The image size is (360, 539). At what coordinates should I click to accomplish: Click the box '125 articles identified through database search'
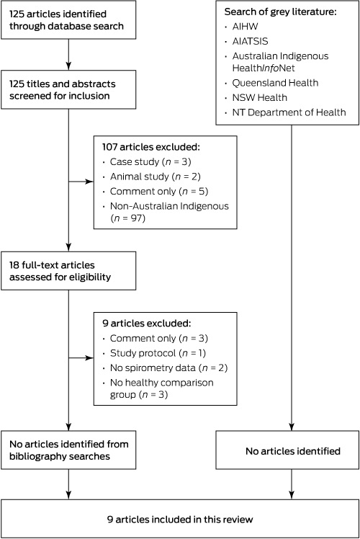pyautogui.click(x=68, y=20)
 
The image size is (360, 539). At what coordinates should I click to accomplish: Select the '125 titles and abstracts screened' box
pyautogui.click(x=68, y=90)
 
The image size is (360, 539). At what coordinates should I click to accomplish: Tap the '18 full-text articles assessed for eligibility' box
pyautogui.click(x=68, y=271)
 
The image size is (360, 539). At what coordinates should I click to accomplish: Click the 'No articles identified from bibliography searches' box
pyautogui.click(x=68, y=450)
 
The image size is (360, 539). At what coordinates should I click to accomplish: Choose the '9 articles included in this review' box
pyautogui.click(x=180, y=519)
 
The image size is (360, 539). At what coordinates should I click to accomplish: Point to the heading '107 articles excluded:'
pyautogui.click(x=150, y=147)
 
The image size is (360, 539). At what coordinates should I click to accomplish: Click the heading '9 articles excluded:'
pyautogui.click(x=146, y=324)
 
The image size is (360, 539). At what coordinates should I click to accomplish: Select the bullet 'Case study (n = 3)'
pyautogui.click(x=150, y=162)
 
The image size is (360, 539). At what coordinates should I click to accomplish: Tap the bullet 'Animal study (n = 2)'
pyautogui.click(x=156, y=177)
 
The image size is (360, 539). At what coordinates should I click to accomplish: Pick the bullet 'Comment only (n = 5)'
pyautogui.click(x=159, y=192)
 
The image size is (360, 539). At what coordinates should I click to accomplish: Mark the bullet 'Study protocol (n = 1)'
pyautogui.click(x=158, y=353)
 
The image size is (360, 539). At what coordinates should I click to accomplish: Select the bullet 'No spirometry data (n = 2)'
pyautogui.click(x=168, y=368)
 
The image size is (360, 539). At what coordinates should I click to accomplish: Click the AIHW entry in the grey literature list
pyautogui.click(x=245, y=27)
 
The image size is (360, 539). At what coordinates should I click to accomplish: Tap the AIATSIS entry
pyautogui.click(x=250, y=41)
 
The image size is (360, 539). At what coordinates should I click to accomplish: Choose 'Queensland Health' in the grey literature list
pyautogui.click(x=275, y=83)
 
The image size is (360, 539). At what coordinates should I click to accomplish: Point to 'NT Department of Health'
pyautogui.click(x=289, y=112)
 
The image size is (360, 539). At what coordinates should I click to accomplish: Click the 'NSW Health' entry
pyautogui.click(x=260, y=97)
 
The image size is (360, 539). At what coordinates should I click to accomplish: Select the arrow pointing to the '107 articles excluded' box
pyautogui.click(x=81, y=182)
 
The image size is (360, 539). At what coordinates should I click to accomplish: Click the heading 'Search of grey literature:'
pyautogui.click(x=280, y=12)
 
